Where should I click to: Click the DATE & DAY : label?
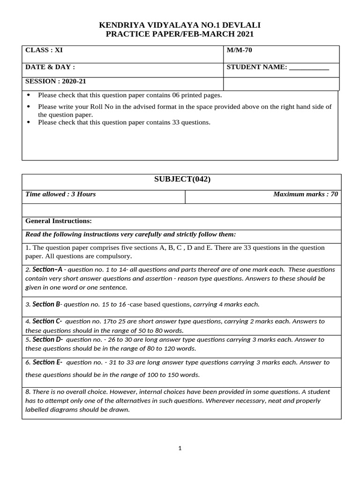tap(50, 67)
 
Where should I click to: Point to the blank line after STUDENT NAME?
tap(309, 67)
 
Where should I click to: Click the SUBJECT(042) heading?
tap(182, 180)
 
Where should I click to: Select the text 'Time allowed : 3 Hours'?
tap(60, 194)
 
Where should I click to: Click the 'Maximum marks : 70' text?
tap(305, 194)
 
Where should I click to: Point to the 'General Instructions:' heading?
tap(59, 221)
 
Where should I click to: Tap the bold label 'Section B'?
tap(46, 304)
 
